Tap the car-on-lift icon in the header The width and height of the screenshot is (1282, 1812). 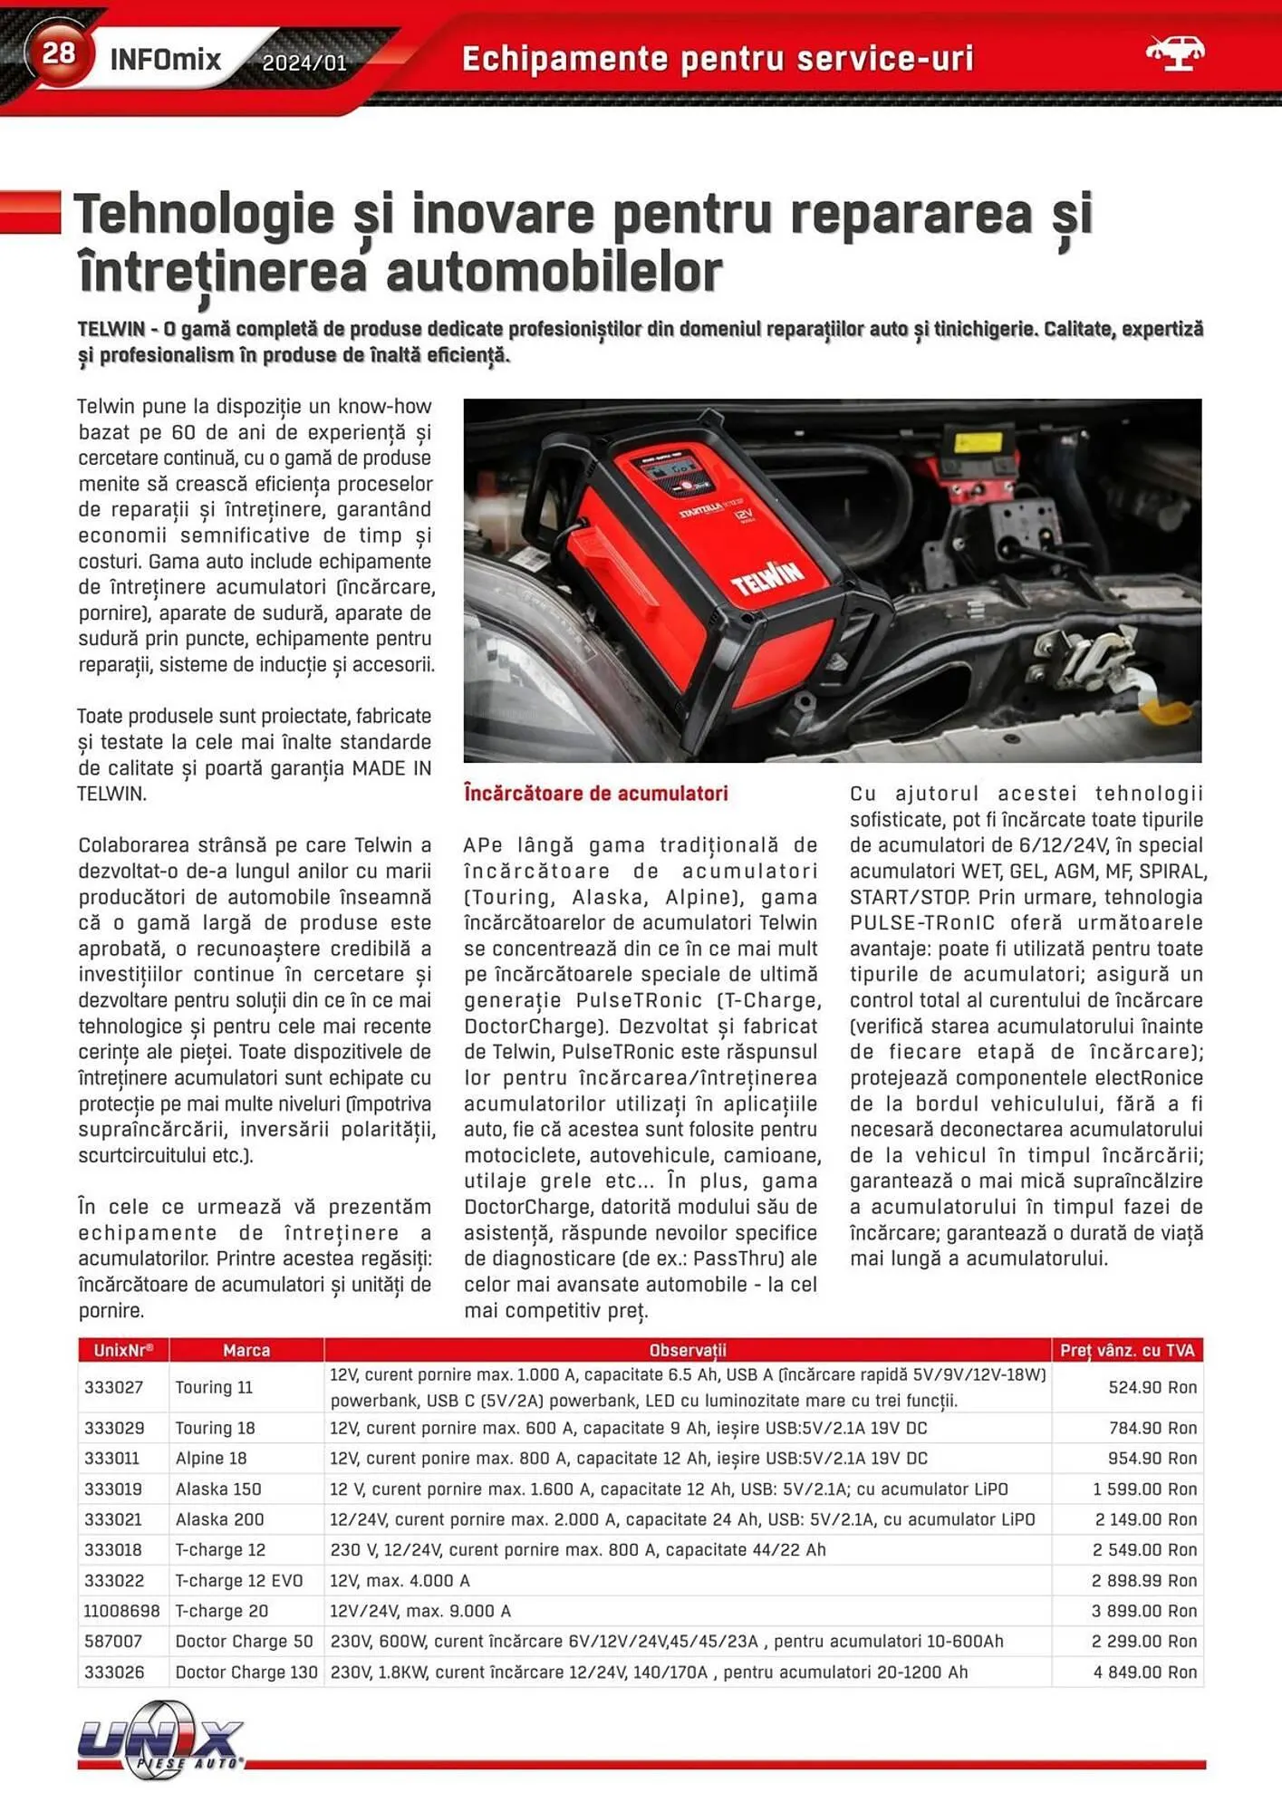tap(1174, 53)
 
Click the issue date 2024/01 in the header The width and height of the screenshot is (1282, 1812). tap(304, 63)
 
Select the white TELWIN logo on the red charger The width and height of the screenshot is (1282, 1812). tap(767, 577)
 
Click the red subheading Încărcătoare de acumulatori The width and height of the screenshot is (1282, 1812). tap(595, 794)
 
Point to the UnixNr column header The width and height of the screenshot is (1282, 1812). tap(123, 1350)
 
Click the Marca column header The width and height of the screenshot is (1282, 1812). tap(246, 1350)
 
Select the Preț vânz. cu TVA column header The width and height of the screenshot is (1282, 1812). tap(1127, 1350)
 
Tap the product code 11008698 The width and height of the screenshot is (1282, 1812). tap(121, 1611)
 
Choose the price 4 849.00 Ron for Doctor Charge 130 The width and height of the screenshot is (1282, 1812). tap(1144, 1672)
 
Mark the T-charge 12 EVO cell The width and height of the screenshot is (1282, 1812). tap(239, 1580)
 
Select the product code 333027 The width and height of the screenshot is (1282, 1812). tap(114, 1387)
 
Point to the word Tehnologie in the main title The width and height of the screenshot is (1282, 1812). tap(205, 215)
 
